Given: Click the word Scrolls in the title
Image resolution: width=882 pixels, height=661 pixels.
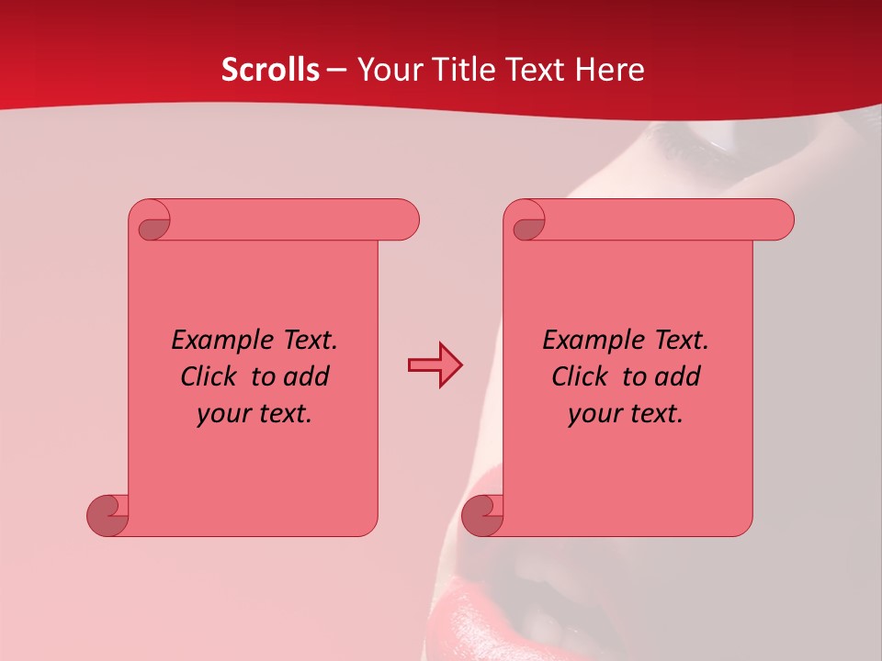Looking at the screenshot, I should tap(270, 70).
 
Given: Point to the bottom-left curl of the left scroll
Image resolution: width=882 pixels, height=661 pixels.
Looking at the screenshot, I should tap(107, 515).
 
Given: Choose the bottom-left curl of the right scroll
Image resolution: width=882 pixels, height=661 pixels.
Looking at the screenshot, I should tap(482, 515).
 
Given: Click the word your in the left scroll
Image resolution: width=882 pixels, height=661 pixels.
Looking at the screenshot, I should tap(221, 414).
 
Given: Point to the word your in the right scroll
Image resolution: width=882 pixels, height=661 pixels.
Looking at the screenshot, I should tap(593, 414).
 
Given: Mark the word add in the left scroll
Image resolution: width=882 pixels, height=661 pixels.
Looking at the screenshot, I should tap(307, 376).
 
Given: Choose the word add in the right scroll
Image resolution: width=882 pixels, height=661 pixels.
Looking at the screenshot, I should tap(678, 376).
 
